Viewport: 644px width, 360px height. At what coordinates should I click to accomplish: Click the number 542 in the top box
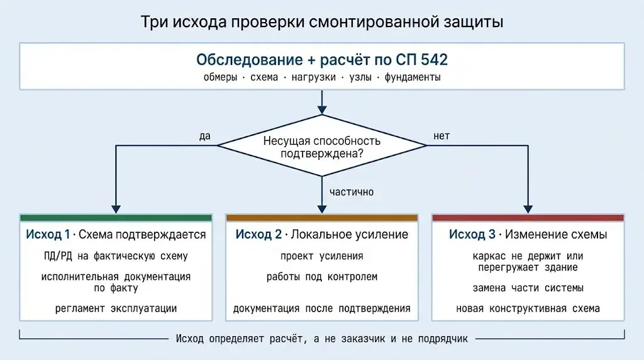(x=434, y=60)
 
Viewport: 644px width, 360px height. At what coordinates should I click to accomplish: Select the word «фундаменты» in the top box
(x=413, y=77)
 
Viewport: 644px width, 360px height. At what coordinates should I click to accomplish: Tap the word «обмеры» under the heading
(x=221, y=77)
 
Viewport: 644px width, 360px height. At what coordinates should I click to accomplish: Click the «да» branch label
(x=204, y=136)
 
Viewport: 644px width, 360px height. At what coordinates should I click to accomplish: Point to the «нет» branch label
(x=441, y=136)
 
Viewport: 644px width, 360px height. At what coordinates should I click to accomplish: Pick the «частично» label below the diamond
(x=352, y=192)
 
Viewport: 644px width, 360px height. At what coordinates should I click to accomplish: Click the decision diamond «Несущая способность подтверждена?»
(x=322, y=145)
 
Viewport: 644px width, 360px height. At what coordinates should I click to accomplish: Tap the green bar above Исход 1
(x=116, y=218)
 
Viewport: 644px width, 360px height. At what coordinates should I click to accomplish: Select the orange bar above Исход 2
(x=322, y=218)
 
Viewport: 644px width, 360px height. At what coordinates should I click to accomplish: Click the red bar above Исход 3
(x=528, y=218)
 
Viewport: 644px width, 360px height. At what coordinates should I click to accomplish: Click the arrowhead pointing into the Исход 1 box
(x=116, y=209)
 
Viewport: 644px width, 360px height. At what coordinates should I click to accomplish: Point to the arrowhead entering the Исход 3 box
(x=528, y=209)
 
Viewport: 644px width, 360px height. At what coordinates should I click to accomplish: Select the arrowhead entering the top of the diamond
(x=322, y=110)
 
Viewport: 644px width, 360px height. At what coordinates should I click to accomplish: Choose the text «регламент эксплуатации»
(x=116, y=308)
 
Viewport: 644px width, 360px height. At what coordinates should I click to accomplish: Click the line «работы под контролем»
(x=322, y=277)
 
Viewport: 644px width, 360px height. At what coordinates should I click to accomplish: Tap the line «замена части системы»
(x=528, y=288)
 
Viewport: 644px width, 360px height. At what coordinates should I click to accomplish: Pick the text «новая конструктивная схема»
(x=528, y=308)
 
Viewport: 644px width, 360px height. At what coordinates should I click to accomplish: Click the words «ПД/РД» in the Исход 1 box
(x=58, y=256)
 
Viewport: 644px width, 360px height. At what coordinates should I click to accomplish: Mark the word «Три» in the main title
(x=154, y=22)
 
